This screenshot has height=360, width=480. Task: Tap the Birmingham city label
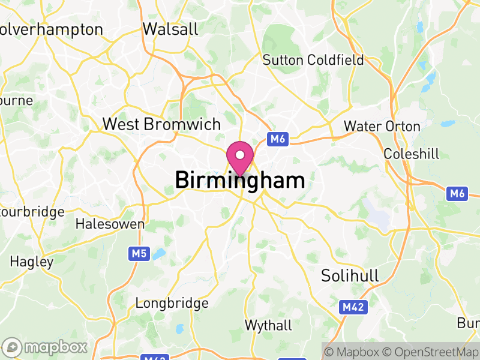(240, 180)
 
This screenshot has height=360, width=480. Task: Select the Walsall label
(170, 29)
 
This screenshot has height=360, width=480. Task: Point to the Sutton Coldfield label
(313, 60)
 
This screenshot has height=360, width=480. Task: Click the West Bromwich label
(161, 124)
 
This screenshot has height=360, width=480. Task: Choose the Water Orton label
(382, 127)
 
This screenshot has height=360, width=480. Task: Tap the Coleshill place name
(411, 154)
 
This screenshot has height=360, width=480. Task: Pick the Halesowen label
(110, 224)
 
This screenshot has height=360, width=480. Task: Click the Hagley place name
(32, 262)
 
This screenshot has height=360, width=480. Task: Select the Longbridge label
(172, 303)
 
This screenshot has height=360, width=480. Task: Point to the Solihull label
(350, 276)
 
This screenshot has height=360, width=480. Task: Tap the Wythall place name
(268, 325)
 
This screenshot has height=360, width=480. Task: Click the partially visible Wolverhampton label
(51, 29)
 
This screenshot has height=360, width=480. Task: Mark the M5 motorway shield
(140, 254)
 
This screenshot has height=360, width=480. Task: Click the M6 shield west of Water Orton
(277, 139)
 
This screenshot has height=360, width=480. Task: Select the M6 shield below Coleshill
(457, 193)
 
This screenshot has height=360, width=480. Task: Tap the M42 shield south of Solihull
(353, 307)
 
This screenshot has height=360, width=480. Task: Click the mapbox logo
(45, 347)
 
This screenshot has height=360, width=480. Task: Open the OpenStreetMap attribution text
(431, 352)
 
